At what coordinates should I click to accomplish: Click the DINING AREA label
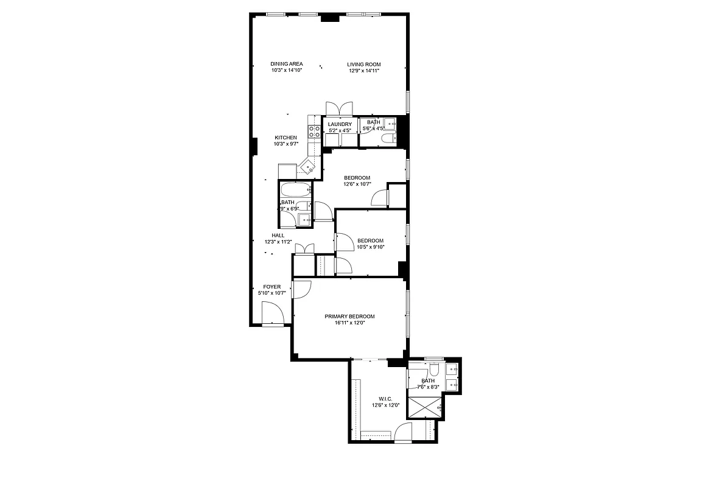coord(287,64)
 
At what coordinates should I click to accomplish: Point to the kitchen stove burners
coord(314,133)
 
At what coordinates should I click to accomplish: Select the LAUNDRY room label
coord(340,124)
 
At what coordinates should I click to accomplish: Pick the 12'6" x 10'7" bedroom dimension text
coord(357,184)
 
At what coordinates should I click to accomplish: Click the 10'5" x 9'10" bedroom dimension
coord(370,247)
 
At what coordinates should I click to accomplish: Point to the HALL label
coord(278,235)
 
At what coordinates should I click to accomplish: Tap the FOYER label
coord(271,286)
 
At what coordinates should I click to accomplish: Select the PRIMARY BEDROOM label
coord(349,316)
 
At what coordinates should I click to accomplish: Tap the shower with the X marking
coord(425,406)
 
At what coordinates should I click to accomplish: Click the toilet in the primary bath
coord(434,370)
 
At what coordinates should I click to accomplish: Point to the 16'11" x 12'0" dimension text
coord(349,323)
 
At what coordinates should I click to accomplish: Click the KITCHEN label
coord(285,138)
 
